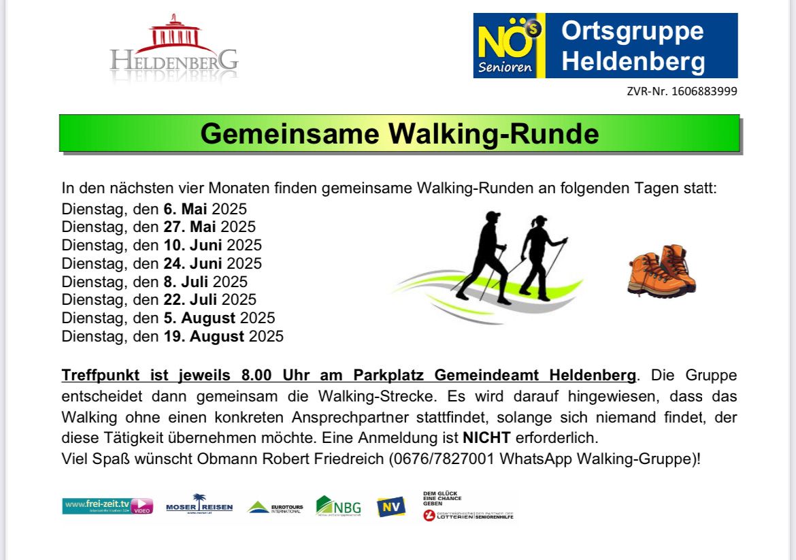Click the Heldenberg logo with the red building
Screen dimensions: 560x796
tap(174, 48)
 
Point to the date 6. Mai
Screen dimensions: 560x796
tap(185, 209)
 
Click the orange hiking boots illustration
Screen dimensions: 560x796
tap(661, 271)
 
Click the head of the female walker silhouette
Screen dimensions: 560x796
tap(539, 223)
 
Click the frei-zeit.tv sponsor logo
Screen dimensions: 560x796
tap(107, 506)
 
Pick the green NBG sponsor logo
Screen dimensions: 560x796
tap(338, 506)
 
